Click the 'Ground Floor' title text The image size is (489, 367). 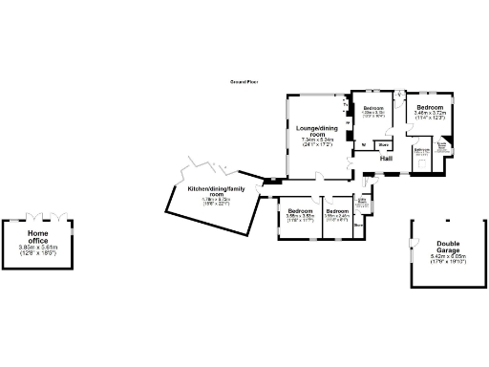(244, 83)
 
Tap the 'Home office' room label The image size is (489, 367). (38, 237)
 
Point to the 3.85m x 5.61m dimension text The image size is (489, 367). (38, 248)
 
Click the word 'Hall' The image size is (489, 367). (388, 158)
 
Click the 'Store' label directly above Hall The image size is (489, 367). (381, 145)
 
